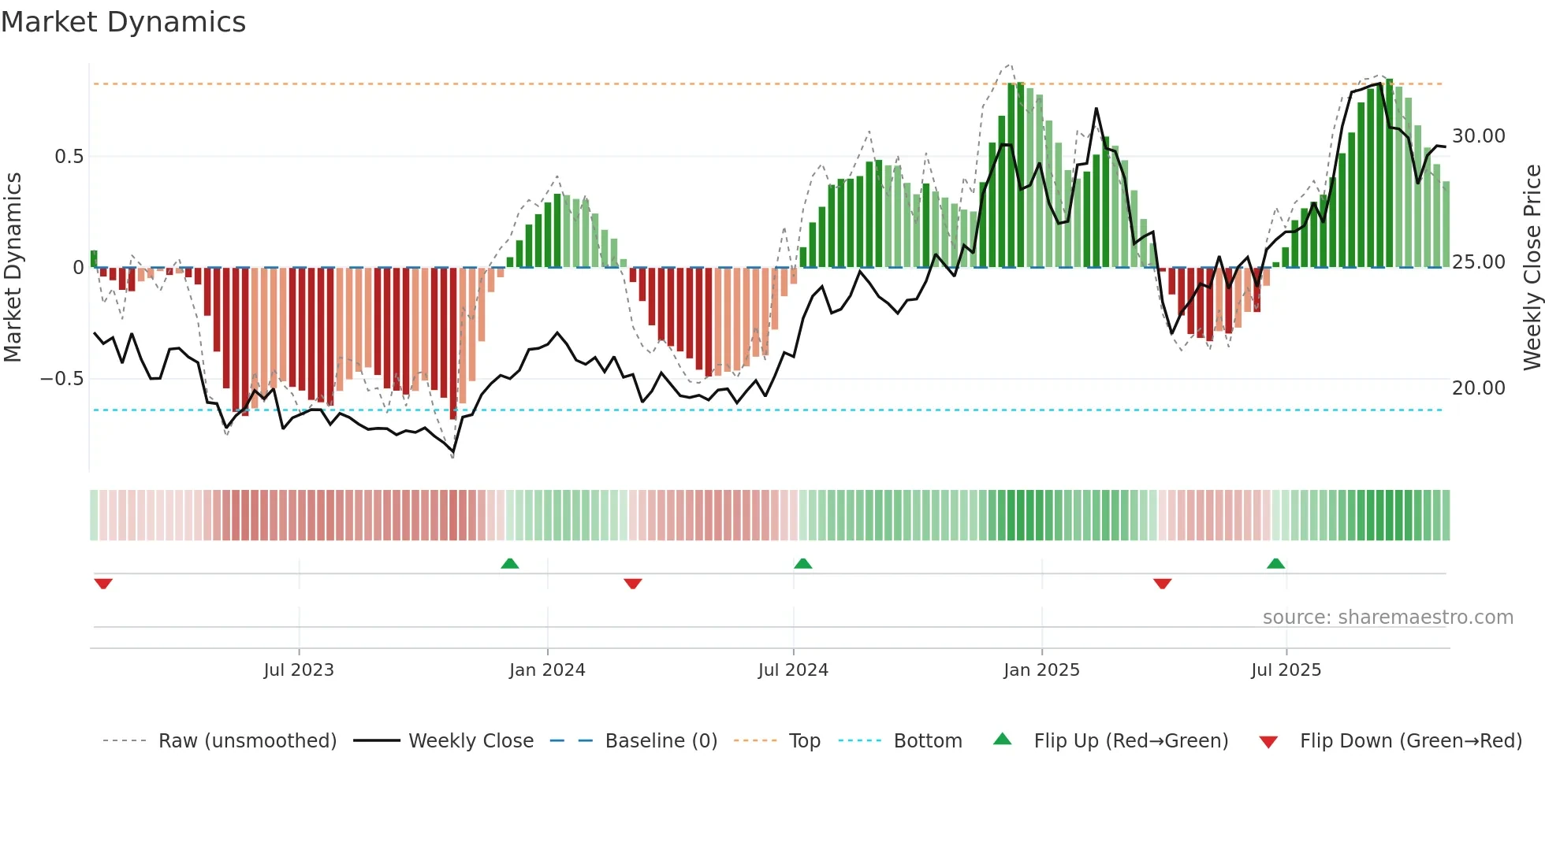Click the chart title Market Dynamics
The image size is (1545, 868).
tap(123, 22)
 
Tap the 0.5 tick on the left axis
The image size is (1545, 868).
tap(69, 157)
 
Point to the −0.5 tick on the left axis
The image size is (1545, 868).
tap(61, 379)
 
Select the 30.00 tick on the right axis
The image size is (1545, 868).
tap(1479, 136)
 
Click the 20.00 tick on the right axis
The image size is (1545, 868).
tap(1479, 388)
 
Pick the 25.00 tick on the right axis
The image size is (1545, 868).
tap(1479, 262)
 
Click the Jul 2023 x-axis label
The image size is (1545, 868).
tap(299, 670)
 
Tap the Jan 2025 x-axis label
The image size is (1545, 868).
tap(1041, 670)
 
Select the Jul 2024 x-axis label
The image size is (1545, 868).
tap(793, 670)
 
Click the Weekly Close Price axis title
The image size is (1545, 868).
tap(1532, 268)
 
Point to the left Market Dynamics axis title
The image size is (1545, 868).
tap(13, 268)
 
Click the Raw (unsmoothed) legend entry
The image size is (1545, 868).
tap(247, 741)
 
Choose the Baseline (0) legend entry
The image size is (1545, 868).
tap(661, 741)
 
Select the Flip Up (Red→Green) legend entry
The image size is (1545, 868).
tap(1130, 741)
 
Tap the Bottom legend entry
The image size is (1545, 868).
tap(927, 741)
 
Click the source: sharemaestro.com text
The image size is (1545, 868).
tap(1387, 618)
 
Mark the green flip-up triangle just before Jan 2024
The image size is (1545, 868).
tap(510, 564)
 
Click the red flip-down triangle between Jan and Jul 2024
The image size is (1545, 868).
tap(632, 583)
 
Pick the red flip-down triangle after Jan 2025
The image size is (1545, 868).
tap(1162, 583)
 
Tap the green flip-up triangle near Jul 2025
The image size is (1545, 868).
tap(1275, 564)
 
